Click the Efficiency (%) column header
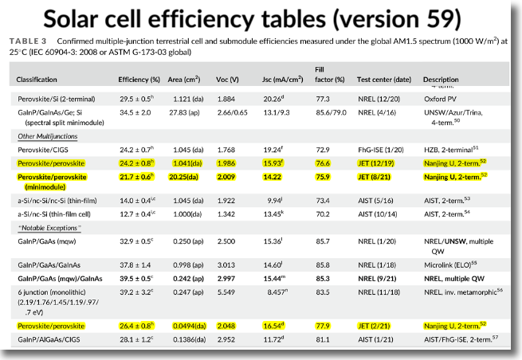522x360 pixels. click(x=139, y=80)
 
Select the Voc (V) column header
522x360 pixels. click(x=230, y=80)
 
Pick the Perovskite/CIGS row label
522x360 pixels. click(x=44, y=149)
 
